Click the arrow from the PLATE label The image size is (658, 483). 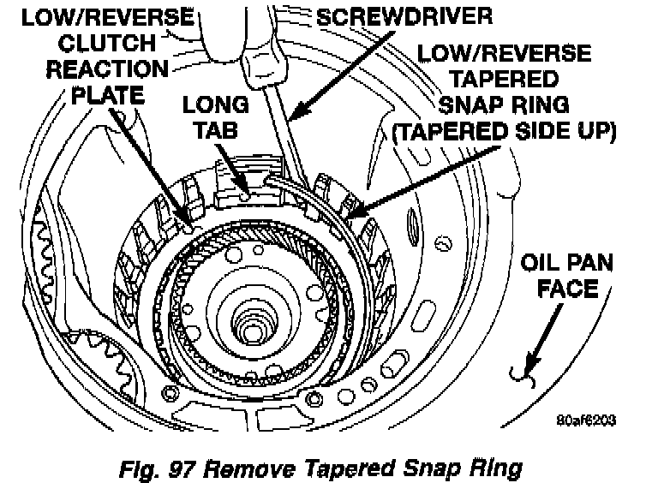pyautogui.click(x=154, y=163)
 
